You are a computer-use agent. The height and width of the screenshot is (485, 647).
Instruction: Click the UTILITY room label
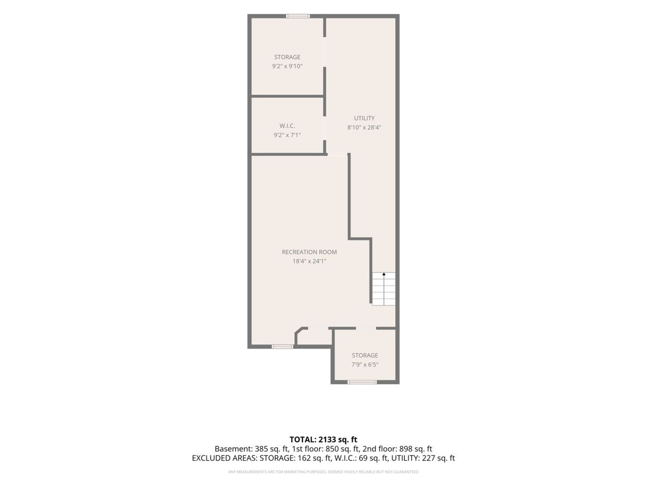[364, 118]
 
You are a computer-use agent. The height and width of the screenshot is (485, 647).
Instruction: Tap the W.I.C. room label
[287, 126]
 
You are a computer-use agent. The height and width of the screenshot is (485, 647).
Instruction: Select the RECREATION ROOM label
[309, 252]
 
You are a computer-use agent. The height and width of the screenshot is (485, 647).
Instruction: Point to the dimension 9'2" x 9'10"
[287, 66]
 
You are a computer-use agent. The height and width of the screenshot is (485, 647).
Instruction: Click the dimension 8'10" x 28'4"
[364, 127]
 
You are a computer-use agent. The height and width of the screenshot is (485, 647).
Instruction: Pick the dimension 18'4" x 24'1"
[309, 261]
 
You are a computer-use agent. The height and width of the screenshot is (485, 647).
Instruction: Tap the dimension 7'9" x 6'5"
[364, 364]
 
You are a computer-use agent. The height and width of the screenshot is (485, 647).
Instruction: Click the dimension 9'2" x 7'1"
[287, 135]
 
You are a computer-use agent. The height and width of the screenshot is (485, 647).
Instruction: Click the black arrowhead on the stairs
[384, 274]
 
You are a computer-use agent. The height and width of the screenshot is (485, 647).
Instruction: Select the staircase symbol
[383, 289]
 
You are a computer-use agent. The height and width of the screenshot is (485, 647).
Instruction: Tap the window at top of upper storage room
[298, 16]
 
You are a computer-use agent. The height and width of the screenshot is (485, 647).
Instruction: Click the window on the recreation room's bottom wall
[282, 347]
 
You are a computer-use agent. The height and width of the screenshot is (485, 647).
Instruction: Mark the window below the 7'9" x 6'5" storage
[362, 382]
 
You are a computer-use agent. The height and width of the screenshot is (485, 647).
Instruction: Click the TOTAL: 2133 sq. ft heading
[323, 440]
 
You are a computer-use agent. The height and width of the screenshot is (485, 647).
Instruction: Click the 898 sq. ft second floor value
[416, 449]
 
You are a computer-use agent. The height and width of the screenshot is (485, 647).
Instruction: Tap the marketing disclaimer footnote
[323, 472]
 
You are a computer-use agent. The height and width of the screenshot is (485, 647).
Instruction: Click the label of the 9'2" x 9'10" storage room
[287, 57]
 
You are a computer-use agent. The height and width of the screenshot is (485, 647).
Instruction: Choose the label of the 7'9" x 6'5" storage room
[364, 355]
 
